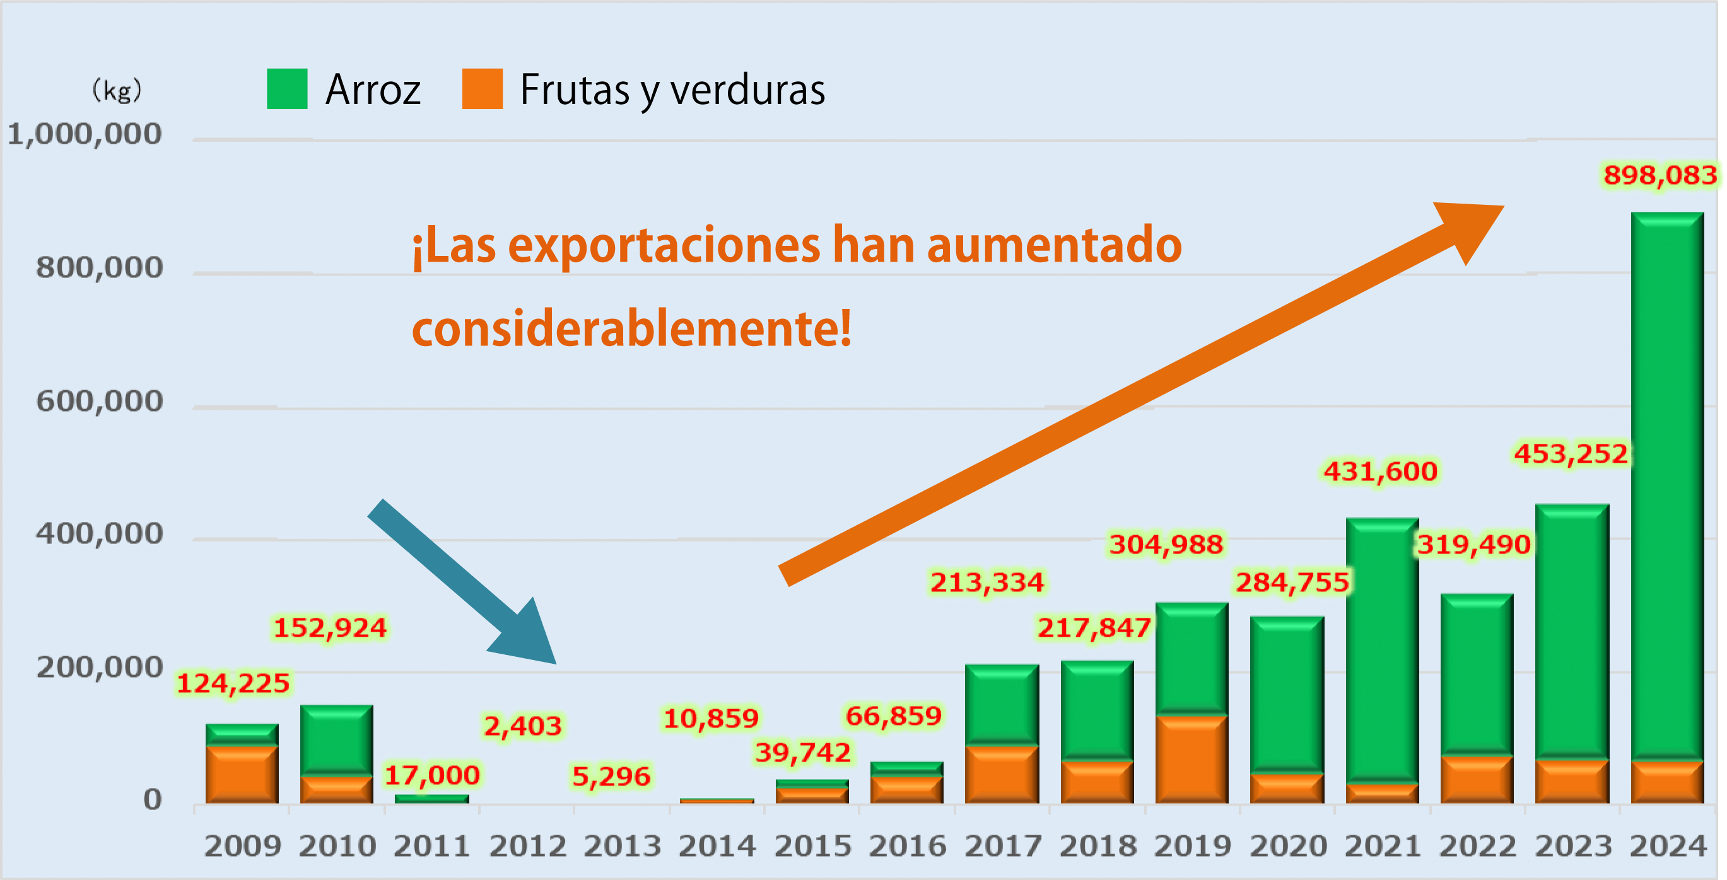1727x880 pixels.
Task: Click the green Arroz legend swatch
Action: coord(287,88)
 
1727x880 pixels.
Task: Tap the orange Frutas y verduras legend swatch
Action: coord(482,88)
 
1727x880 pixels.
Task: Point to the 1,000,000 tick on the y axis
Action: coord(85,135)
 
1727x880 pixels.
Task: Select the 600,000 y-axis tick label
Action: coord(99,402)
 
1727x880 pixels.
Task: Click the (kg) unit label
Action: coord(117,90)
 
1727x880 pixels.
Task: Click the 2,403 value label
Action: coord(523,726)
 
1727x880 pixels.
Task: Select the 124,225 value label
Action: coord(233,683)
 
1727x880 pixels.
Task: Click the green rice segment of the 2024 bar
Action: coord(1667,483)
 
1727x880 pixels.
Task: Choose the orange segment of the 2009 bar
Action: coord(242,774)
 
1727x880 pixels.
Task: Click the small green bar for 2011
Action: coord(431,798)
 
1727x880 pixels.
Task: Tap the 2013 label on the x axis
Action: coord(622,847)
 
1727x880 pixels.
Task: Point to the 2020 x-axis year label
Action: coord(1288,847)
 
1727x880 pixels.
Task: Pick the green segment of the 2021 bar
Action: coord(1383,650)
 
